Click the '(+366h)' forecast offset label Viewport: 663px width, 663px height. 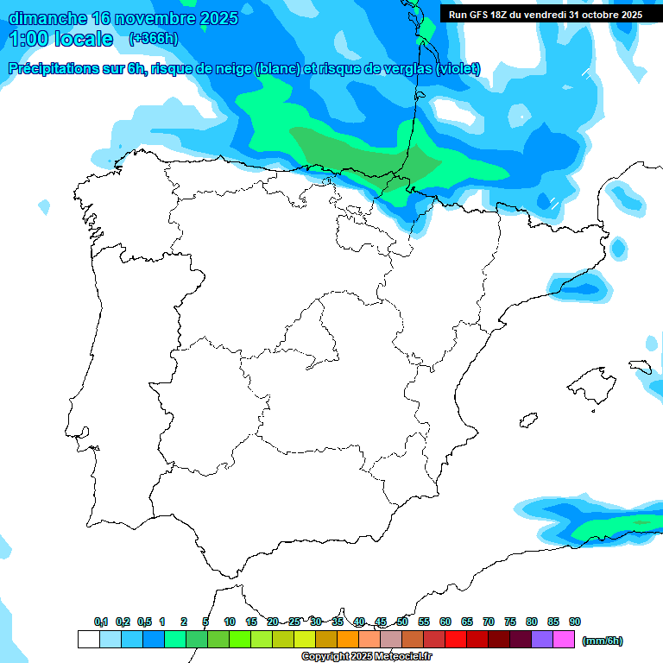point(153,39)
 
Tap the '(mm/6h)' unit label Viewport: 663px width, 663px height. point(603,640)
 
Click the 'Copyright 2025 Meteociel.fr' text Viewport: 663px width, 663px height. point(366,657)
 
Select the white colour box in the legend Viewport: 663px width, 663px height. point(88,640)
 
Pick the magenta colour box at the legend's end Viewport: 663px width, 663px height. point(564,640)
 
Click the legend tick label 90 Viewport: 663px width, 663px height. point(575,622)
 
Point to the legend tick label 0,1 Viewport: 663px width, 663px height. point(101,622)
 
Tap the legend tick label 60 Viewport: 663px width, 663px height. point(445,622)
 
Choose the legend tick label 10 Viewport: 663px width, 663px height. point(230,622)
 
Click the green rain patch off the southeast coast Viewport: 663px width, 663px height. point(622,523)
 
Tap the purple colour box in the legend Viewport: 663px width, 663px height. point(542,640)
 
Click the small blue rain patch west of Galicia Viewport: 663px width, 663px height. point(44,207)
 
